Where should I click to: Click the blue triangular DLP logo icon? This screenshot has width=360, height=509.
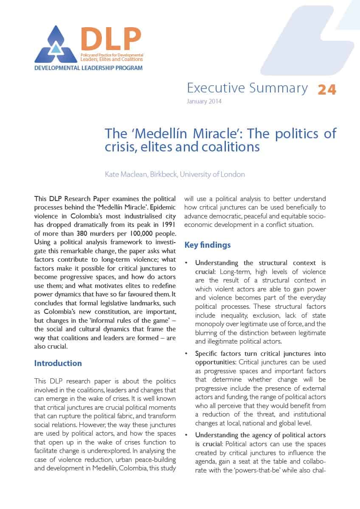[x=56, y=45]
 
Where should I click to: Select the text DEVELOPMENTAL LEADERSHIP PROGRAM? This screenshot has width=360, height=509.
[x=88, y=68]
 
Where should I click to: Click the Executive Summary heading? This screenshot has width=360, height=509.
[x=247, y=88]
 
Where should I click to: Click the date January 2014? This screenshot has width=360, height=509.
[x=204, y=101]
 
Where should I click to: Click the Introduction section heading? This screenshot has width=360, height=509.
[x=58, y=363]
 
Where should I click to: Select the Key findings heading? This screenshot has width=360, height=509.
[x=208, y=245]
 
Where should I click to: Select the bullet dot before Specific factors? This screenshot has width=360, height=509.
[x=186, y=354]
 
